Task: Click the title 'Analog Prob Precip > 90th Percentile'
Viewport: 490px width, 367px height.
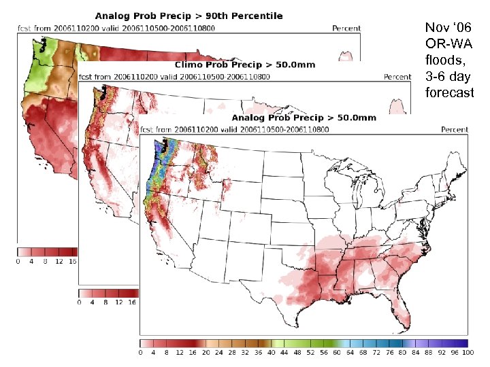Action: coord(189,16)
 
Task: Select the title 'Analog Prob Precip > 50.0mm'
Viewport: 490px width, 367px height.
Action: coord(304,118)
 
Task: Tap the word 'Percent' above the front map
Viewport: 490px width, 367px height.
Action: coord(455,129)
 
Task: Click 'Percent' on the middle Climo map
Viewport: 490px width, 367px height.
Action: coord(397,77)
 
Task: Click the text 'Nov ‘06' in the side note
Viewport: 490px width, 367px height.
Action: coord(447,28)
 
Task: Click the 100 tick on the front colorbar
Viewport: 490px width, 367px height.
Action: coord(468,353)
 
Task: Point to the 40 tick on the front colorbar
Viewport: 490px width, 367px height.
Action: coord(272,353)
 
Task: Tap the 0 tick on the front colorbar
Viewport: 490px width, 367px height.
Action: coord(141,353)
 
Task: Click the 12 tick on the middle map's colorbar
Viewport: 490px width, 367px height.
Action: coord(119,302)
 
